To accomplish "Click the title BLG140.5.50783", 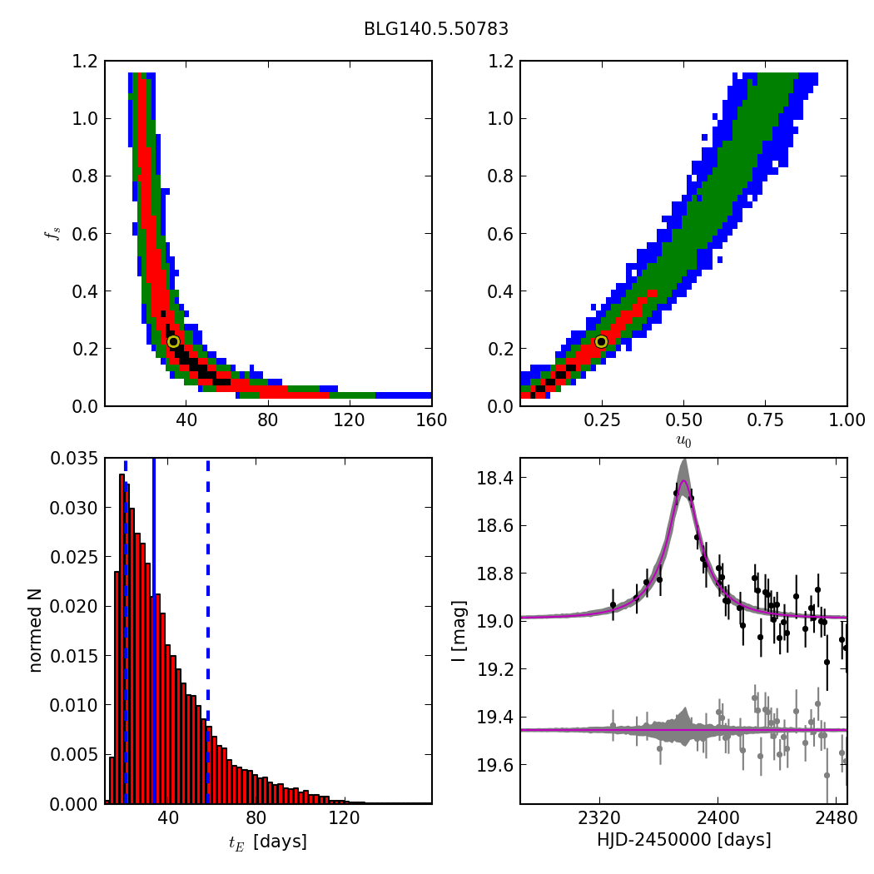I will coord(436,29).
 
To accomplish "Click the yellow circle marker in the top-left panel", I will coord(173,341).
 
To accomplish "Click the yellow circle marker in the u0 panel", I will coord(601,341).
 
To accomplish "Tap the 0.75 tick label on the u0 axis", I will coord(765,420).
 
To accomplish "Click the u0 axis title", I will coord(683,442).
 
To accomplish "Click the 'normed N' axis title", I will coord(36,630).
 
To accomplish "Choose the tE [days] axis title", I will coord(267,842).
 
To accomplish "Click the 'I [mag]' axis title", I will coord(459,630).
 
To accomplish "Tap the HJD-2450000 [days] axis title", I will coord(683,841).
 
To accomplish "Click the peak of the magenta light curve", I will coord(683,481).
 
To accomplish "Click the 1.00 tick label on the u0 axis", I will coord(846,420).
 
